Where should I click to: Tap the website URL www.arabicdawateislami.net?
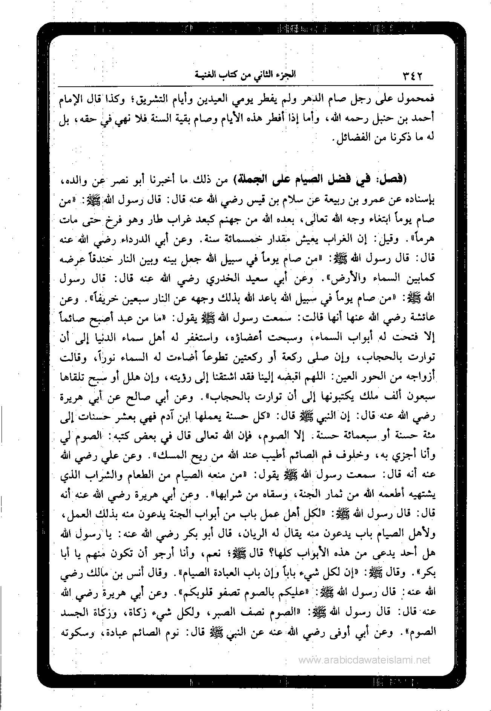tap(364, 660)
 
